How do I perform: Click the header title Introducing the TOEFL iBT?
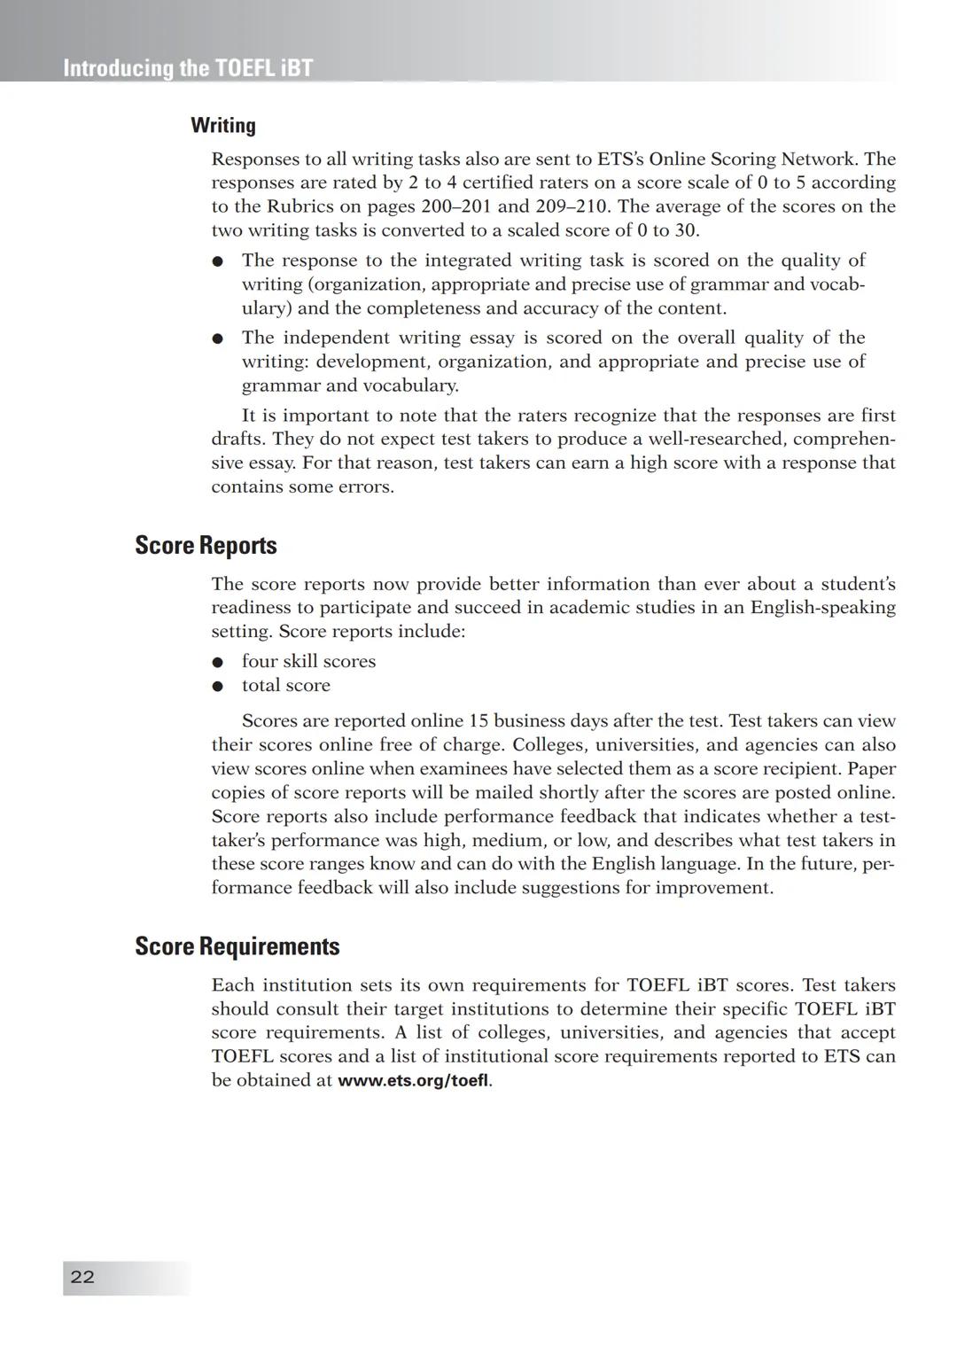click(x=188, y=68)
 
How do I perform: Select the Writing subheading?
click(x=223, y=126)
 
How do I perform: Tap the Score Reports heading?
click(x=206, y=545)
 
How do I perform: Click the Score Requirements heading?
click(x=237, y=946)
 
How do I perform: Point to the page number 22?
click(x=82, y=1277)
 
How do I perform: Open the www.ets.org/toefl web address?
click(x=413, y=1080)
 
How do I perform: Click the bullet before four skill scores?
click(x=217, y=662)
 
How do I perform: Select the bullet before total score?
click(x=217, y=686)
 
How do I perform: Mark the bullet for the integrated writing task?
click(x=217, y=261)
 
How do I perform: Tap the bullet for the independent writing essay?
click(x=217, y=338)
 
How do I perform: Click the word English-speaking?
click(x=822, y=608)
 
